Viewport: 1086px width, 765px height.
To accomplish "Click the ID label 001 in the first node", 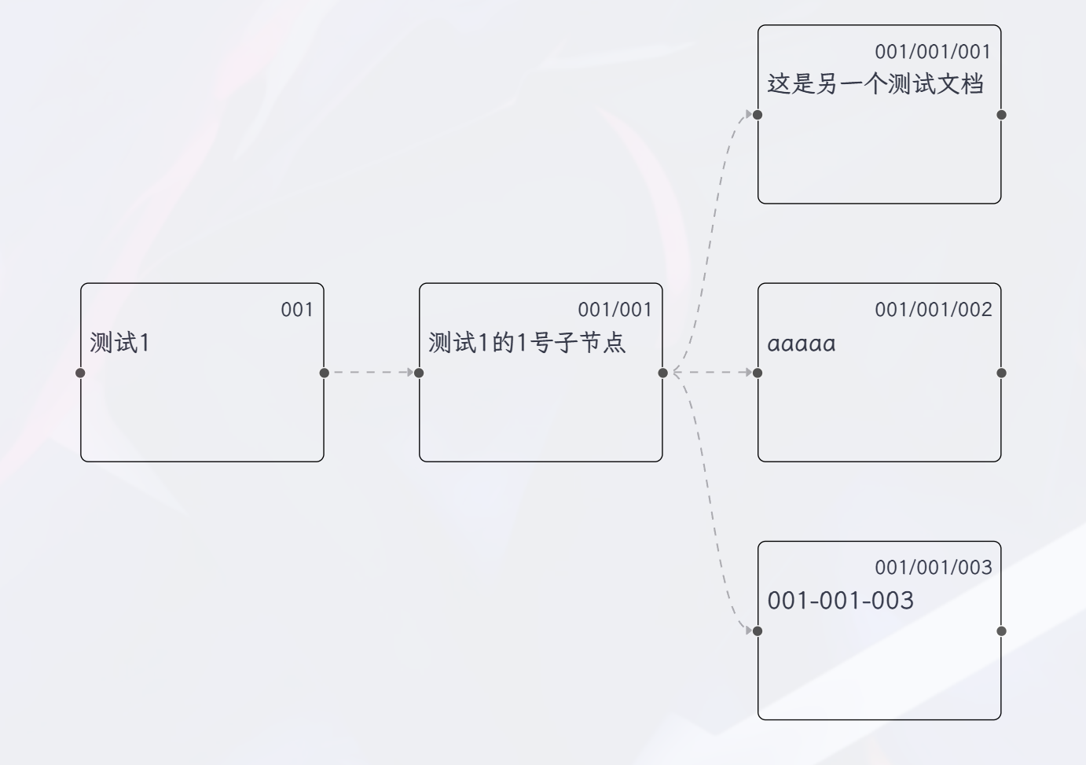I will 297,310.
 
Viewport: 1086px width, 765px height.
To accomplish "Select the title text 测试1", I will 119,343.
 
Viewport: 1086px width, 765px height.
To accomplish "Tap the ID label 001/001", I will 615,310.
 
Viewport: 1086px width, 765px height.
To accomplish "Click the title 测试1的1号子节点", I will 526,343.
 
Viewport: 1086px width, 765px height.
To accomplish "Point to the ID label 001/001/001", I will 933,52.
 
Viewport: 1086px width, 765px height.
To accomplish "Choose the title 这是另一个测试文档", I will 875,84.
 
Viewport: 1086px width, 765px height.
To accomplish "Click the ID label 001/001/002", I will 933,310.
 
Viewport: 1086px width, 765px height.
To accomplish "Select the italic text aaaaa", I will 801,344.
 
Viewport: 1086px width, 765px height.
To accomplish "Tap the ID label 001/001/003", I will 933,568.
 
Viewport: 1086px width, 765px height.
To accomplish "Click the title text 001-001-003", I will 840,601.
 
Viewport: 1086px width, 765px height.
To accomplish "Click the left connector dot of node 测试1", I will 80,373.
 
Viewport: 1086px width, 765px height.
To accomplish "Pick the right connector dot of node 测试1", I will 325,373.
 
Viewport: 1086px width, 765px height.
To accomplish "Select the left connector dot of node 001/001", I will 419,373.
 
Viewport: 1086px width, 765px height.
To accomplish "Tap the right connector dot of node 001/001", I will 663,373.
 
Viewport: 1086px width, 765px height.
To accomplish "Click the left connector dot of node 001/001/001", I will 758,115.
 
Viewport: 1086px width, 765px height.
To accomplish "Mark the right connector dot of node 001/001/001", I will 1001,115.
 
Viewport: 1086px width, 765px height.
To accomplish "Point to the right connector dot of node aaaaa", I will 1001,373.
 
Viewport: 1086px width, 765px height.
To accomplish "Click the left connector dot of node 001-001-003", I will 758,631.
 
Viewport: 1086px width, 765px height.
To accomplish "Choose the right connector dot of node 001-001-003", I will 1001,631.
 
